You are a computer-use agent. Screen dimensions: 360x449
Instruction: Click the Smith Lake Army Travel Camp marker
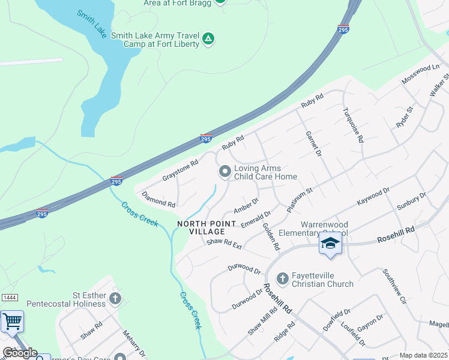(x=208, y=39)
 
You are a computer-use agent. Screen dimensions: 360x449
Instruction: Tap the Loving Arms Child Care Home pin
(x=225, y=172)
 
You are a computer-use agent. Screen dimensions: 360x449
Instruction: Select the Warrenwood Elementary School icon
(x=330, y=243)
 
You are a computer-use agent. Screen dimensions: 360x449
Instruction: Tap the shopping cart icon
(x=11, y=322)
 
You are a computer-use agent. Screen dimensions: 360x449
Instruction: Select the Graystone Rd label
(x=180, y=171)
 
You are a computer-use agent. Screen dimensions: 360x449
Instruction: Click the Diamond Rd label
(x=158, y=199)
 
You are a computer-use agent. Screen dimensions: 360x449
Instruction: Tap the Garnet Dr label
(x=314, y=145)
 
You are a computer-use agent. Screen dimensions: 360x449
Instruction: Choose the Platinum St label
(x=300, y=199)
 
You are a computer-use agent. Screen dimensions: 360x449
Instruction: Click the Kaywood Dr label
(x=373, y=196)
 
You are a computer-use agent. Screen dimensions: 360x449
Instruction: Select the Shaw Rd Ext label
(x=224, y=244)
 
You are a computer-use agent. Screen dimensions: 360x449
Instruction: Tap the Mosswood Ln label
(x=420, y=77)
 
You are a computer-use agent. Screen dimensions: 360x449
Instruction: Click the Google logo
(x=20, y=353)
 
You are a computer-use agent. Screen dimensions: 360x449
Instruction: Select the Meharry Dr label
(x=135, y=341)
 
